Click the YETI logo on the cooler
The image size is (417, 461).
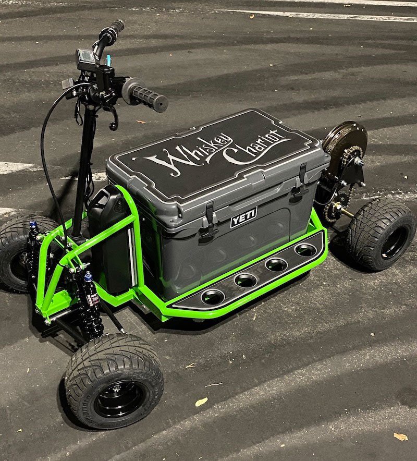click(244, 217)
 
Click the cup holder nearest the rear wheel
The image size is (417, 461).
click(305, 250)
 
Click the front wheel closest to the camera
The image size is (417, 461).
click(114, 381)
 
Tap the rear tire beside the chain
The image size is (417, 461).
click(381, 234)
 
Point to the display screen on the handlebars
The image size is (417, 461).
click(85, 56)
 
